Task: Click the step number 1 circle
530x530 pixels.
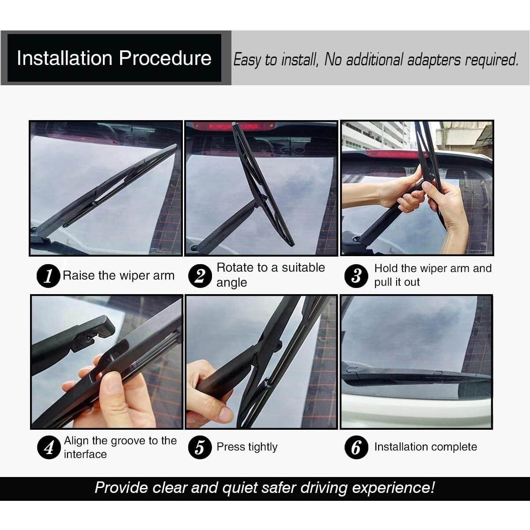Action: tap(49, 276)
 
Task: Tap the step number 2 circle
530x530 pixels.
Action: tap(200, 276)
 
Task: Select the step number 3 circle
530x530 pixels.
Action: tap(356, 276)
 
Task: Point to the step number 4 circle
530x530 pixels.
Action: tap(49, 447)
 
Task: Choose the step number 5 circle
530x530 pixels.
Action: tap(200, 447)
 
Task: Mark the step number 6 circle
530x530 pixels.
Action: tap(356, 447)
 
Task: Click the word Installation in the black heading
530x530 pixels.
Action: tap(64, 58)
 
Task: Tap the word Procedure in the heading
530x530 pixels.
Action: tap(165, 58)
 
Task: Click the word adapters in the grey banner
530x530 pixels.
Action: tap(434, 60)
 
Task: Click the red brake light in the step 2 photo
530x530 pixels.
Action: tap(234, 126)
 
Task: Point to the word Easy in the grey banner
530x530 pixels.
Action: tap(247, 60)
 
